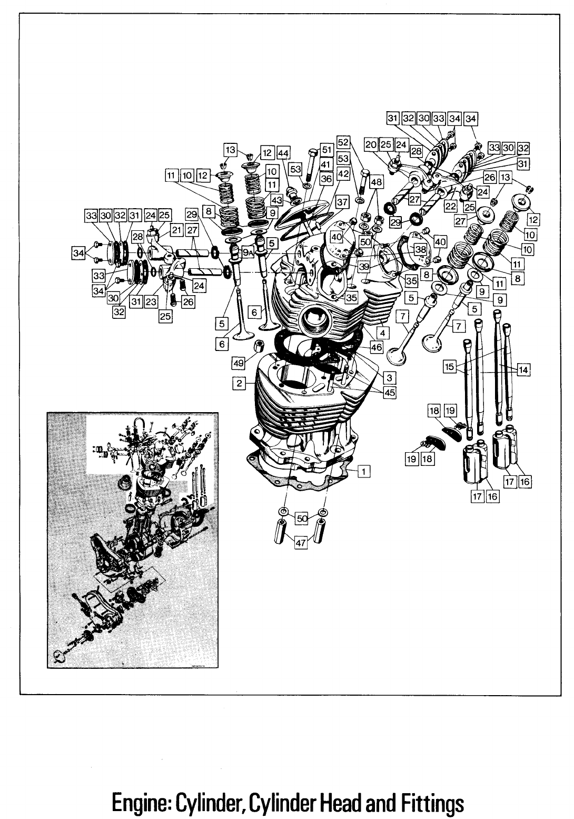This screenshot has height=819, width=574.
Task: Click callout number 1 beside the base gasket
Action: tap(362, 471)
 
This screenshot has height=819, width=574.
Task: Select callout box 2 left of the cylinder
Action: tap(240, 383)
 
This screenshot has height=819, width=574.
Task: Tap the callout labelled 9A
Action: tap(248, 253)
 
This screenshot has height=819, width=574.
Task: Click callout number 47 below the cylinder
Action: tap(301, 545)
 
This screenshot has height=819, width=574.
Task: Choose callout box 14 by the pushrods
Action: tap(523, 370)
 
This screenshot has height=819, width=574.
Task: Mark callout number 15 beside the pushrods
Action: tap(449, 366)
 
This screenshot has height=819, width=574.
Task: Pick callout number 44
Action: tap(284, 153)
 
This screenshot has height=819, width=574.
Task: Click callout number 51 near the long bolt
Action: tap(326, 150)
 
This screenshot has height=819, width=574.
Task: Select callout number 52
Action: tap(343, 142)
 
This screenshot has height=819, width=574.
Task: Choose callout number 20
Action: tap(371, 145)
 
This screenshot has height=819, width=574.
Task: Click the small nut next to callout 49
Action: tap(259, 347)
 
